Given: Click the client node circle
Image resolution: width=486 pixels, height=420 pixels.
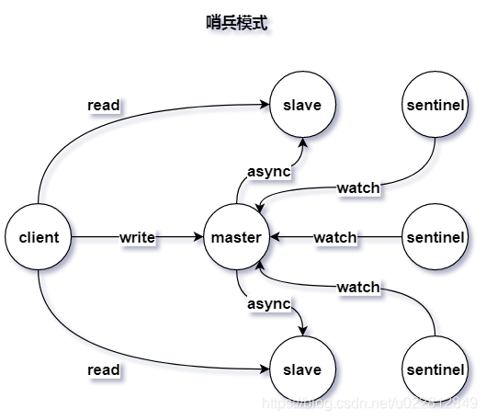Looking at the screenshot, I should click(x=39, y=237).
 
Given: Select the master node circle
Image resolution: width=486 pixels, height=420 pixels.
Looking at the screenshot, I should click(x=236, y=237).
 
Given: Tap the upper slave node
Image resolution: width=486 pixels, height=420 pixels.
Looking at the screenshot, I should click(x=302, y=105).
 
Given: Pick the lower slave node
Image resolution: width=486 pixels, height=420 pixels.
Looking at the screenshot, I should click(x=302, y=369).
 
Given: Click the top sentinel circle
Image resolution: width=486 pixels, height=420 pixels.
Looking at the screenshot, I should click(x=435, y=105).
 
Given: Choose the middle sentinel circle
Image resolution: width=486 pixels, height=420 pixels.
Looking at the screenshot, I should click(x=435, y=237).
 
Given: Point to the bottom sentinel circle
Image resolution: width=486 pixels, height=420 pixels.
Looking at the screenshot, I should click(x=435, y=369).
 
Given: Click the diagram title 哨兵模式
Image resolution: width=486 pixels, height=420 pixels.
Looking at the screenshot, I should click(x=236, y=23).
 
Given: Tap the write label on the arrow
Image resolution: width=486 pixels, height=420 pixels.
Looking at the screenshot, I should click(x=137, y=237).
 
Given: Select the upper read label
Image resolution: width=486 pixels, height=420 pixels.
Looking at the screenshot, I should click(x=103, y=105).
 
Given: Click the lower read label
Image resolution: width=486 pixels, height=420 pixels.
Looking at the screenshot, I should click(x=103, y=369).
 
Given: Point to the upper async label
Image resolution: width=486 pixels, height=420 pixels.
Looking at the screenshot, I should click(x=269, y=171).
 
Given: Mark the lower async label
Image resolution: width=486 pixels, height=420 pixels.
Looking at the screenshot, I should click(x=269, y=303).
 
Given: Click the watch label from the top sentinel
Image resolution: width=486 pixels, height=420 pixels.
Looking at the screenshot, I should click(x=357, y=187).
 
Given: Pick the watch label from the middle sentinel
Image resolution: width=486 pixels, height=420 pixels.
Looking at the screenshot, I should click(x=335, y=237).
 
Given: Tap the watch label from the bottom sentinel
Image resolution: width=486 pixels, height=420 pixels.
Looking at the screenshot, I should click(x=357, y=287).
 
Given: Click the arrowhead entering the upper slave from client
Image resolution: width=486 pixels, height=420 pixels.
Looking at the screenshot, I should click(x=265, y=105).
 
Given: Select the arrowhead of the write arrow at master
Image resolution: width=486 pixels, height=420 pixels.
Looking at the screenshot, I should click(x=198, y=237).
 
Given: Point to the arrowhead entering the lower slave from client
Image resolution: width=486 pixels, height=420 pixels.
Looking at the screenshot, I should click(x=265, y=369).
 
